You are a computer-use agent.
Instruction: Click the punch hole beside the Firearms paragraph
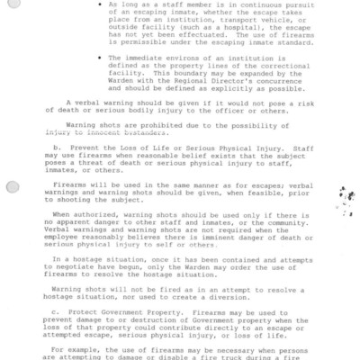click(x=11, y=187)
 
